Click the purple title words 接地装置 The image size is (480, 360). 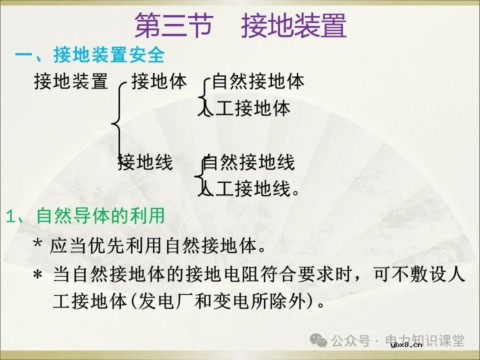pyautogui.click(x=294, y=25)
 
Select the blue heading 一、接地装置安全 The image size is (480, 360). pyautogui.click(x=90, y=55)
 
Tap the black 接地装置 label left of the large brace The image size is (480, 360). pyautogui.click(x=71, y=81)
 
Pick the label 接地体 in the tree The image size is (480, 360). pyautogui.click(x=159, y=81)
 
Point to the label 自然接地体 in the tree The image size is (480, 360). pyautogui.click(x=258, y=81)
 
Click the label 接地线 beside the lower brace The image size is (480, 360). pyautogui.click(x=145, y=162)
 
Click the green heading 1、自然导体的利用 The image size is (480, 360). pyautogui.click(x=85, y=216)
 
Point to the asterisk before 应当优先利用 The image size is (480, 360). pyautogui.click(x=37, y=245)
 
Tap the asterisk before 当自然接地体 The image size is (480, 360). pyautogui.click(x=37, y=276)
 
